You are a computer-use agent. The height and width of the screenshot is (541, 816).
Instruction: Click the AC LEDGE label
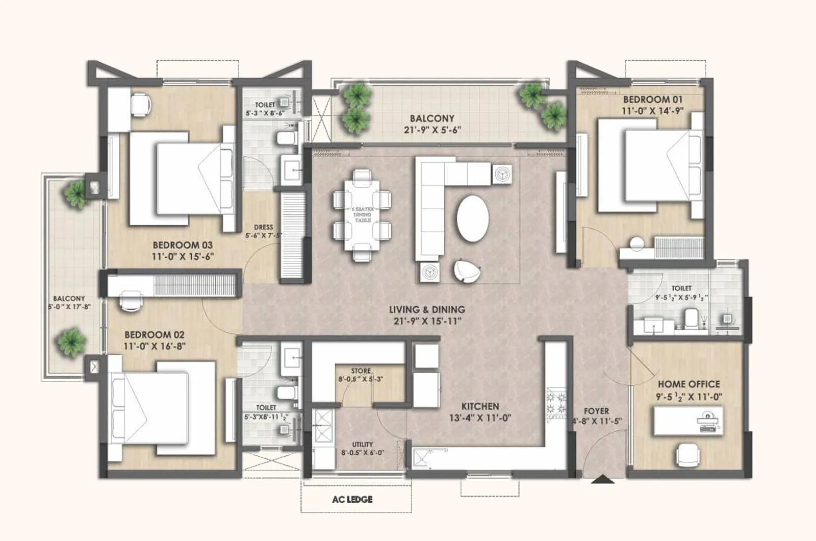[x=352, y=499]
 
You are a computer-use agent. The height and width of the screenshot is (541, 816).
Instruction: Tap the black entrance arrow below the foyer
[x=603, y=479]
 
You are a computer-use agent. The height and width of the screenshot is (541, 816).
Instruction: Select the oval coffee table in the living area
[x=473, y=218]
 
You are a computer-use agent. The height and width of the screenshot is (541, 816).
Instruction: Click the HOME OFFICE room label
[x=688, y=384]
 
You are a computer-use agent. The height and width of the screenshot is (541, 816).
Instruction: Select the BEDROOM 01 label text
[x=652, y=100]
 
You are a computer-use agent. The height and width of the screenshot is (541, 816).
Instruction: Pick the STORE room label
[x=361, y=371]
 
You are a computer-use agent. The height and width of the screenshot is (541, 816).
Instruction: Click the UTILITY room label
[x=362, y=444]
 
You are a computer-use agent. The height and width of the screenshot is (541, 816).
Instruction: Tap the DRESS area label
[x=263, y=227]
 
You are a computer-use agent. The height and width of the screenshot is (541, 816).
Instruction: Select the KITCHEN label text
[x=480, y=406]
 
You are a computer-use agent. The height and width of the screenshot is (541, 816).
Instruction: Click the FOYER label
[x=596, y=411]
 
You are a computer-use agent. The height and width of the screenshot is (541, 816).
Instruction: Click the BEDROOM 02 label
[x=154, y=335]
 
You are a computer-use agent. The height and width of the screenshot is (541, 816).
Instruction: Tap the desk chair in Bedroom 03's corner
[x=141, y=104]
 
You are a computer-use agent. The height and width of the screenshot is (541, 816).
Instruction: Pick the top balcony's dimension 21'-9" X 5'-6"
[x=432, y=130]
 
